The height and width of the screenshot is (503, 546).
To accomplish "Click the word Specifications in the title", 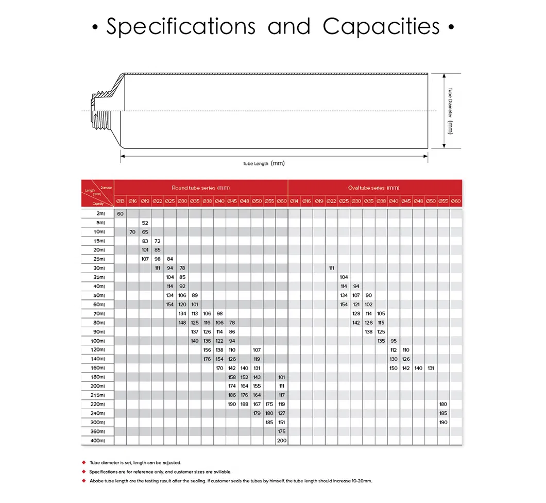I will click(x=180, y=27).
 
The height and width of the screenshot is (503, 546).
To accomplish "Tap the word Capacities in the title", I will click(x=382, y=27).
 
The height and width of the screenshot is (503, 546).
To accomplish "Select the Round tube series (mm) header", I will click(x=200, y=188).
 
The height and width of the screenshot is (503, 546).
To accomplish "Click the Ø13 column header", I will click(x=120, y=200).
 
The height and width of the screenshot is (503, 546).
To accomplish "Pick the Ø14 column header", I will click(x=294, y=200).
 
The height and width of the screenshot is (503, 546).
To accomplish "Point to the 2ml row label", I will click(x=100, y=213).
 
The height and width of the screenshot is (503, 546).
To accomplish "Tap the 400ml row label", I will click(x=97, y=441).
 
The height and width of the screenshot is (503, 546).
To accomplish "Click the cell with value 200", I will click(x=281, y=441).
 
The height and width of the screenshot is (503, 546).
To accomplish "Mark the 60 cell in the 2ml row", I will click(x=121, y=213).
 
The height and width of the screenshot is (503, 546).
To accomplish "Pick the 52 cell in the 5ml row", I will click(x=145, y=223).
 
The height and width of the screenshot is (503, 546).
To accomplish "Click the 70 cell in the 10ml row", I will click(x=132, y=232).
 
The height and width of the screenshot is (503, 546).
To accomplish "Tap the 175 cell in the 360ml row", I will click(x=281, y=431).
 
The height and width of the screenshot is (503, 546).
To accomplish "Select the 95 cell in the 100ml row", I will click(x=394, y=341).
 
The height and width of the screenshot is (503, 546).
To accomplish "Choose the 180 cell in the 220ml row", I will click(x=443, y=404).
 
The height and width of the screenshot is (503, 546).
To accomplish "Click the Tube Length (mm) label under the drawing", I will click(x=264, y=163).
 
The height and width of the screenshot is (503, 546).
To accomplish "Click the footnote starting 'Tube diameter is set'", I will click(x=135, y=462).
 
